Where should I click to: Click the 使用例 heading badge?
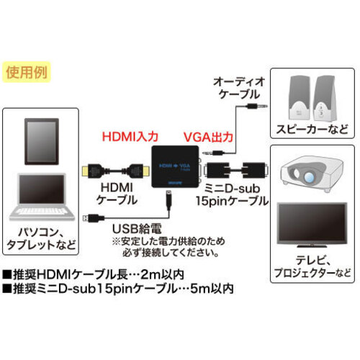[27, 72]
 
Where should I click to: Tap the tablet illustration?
[42, 142]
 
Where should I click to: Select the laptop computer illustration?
[42, 197]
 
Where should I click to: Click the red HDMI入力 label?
[130, 137]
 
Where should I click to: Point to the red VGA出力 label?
[208, 137]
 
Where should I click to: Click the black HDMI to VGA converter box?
[175, 166]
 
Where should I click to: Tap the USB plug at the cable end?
[93, 218]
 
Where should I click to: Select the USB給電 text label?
[137, 229]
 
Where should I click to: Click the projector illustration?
[312, 174]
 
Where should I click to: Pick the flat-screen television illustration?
[312, 225]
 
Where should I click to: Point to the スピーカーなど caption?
[312, 130]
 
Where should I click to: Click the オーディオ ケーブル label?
[239, 88]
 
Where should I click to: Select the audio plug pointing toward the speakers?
[257, 106]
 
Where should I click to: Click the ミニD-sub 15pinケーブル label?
[232, 195]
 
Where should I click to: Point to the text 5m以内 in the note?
[212, 289]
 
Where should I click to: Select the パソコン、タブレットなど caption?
[41, 238]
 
